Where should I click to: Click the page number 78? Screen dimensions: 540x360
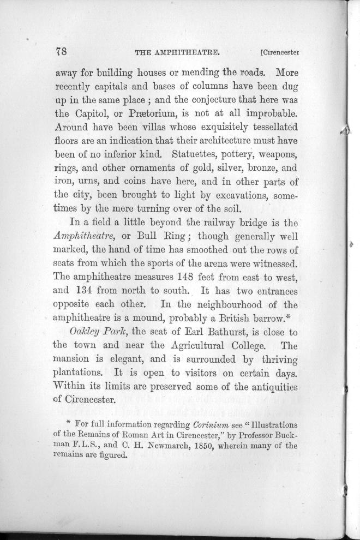(61, 52)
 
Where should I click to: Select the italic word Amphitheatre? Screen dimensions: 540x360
(85, 237)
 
